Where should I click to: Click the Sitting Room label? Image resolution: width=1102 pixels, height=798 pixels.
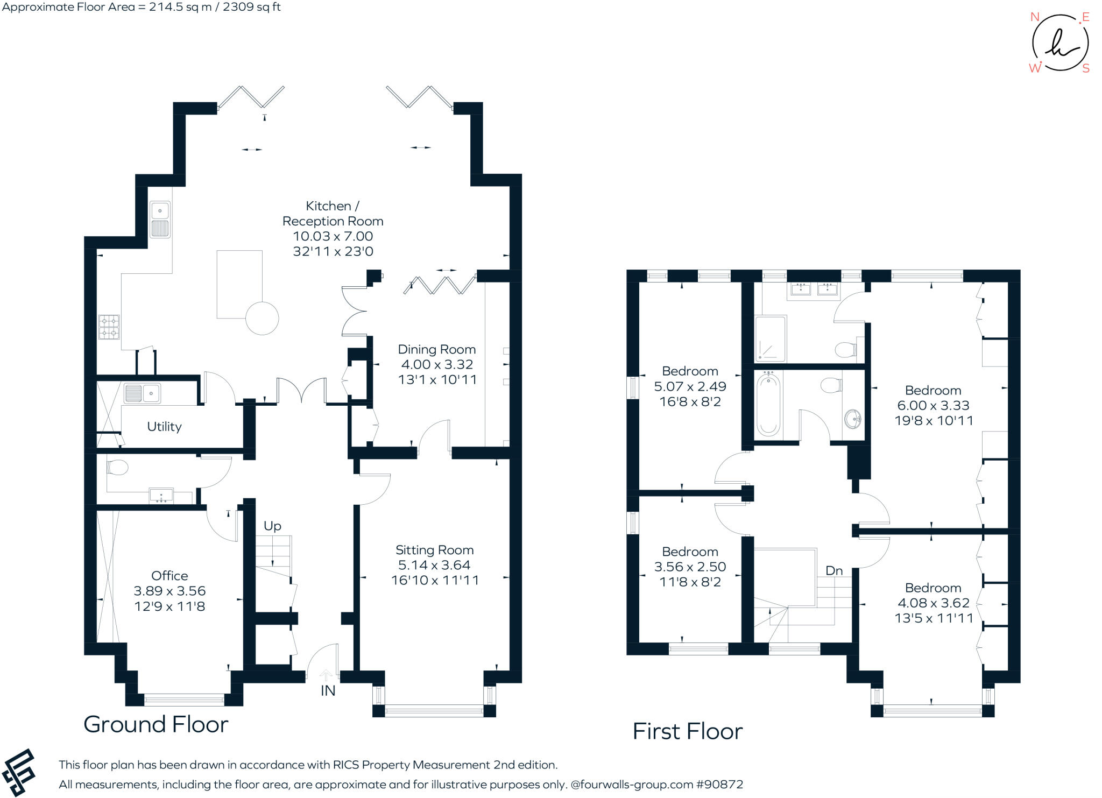coord(434,550)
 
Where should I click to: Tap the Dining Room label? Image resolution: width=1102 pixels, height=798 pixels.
coord(436,350)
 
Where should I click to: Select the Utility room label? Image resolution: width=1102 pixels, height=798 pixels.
coord(164,427)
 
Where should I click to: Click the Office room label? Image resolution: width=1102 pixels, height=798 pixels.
coord(169,576)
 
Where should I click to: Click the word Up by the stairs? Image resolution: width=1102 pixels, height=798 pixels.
coord(272,526)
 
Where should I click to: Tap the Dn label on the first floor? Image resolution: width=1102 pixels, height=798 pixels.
coord(833,570)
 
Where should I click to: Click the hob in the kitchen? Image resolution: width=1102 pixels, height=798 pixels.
coord(109,327)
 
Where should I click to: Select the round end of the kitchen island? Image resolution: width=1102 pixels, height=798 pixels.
coord(262,319)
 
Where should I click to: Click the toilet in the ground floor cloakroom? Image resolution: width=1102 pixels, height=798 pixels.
coord(117,468)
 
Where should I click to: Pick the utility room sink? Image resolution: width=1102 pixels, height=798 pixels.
coord(143,393)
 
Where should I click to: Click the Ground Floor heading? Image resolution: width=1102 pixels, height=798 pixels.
coord(156,724)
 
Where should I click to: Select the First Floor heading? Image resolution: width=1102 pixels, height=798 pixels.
coord(687,731)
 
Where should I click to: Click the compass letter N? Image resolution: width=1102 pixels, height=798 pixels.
coord(1034,17)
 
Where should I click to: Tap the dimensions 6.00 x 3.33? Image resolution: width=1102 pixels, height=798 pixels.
coord(933,406)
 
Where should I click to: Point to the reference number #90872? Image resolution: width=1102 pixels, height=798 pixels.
coord(719,785)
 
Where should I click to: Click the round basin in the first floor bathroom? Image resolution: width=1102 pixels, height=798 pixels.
coord(852,418)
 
